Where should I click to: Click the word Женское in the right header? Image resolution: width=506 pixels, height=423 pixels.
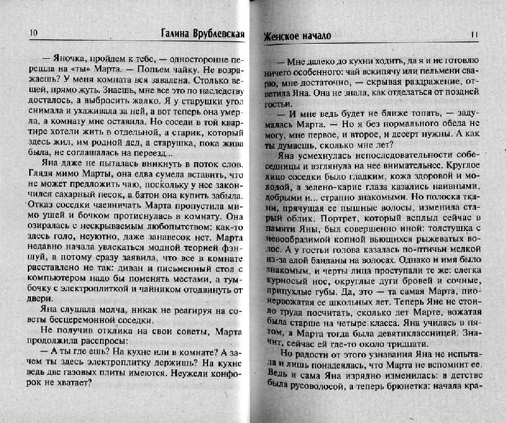click(x=286, y=34)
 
